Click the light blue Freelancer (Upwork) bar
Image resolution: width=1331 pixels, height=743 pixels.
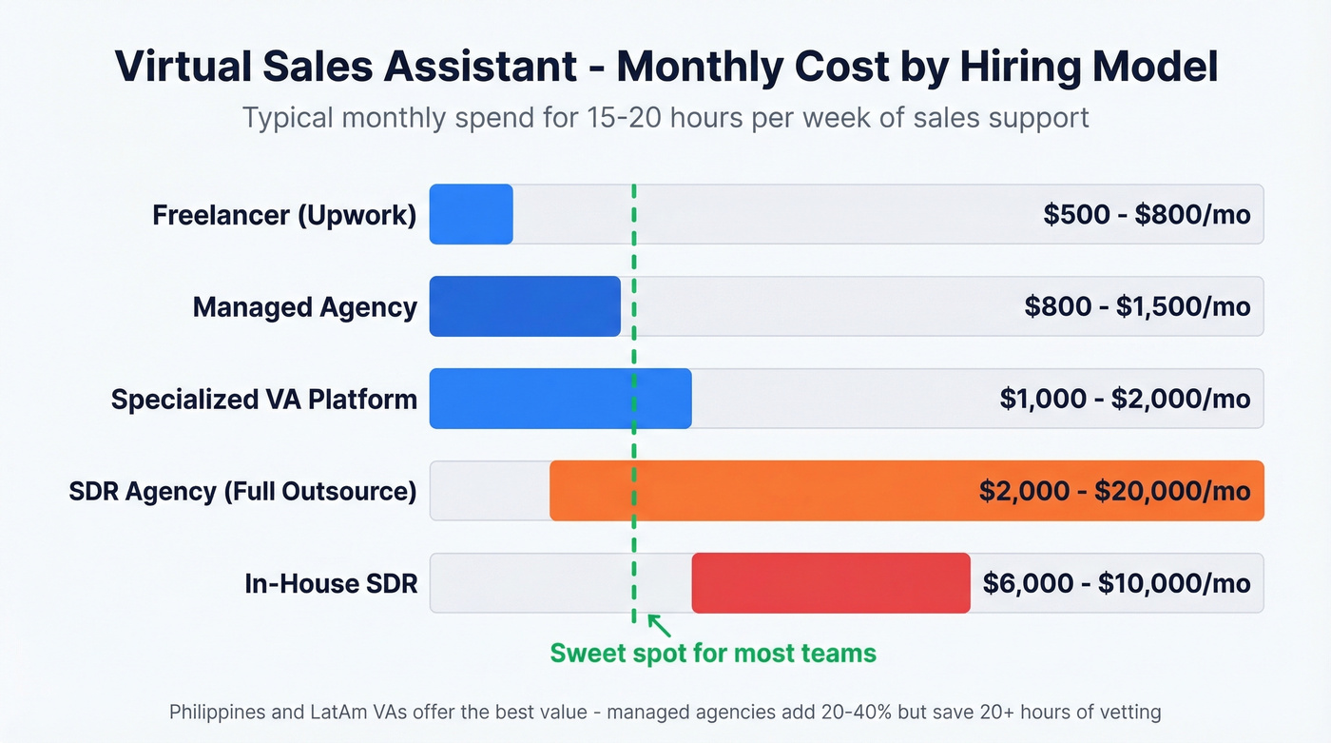pos(471,214)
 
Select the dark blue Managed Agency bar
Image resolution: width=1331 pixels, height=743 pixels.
pos(524,306)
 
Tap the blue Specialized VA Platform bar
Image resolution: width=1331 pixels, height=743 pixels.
pos(560,399)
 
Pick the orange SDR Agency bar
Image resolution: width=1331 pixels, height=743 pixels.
pos(761,491)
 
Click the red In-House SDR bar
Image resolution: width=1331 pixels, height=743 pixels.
pos(830,582)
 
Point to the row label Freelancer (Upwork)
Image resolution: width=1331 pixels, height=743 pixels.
pos(284,215)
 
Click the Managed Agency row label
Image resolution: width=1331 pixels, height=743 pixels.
pos(304,307)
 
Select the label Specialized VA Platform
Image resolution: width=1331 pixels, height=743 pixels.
pos(263,399)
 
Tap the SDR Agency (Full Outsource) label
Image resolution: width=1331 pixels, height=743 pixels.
pos(242,492)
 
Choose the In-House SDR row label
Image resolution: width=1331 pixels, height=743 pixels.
pos(331,583)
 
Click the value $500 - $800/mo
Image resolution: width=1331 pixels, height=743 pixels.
pos(1147,215)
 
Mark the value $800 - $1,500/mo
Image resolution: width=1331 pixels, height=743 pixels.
pos(1137,307)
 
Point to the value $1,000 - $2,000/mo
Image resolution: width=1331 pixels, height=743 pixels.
pos(1125,399)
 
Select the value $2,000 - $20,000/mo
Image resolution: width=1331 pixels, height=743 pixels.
pos(1114,491)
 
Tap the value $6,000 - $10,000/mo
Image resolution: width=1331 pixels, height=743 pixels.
pos(1116,583)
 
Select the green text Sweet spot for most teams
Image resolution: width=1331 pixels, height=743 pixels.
pos(713,654)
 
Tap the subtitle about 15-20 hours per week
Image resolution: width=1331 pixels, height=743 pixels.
pos(665,118)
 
